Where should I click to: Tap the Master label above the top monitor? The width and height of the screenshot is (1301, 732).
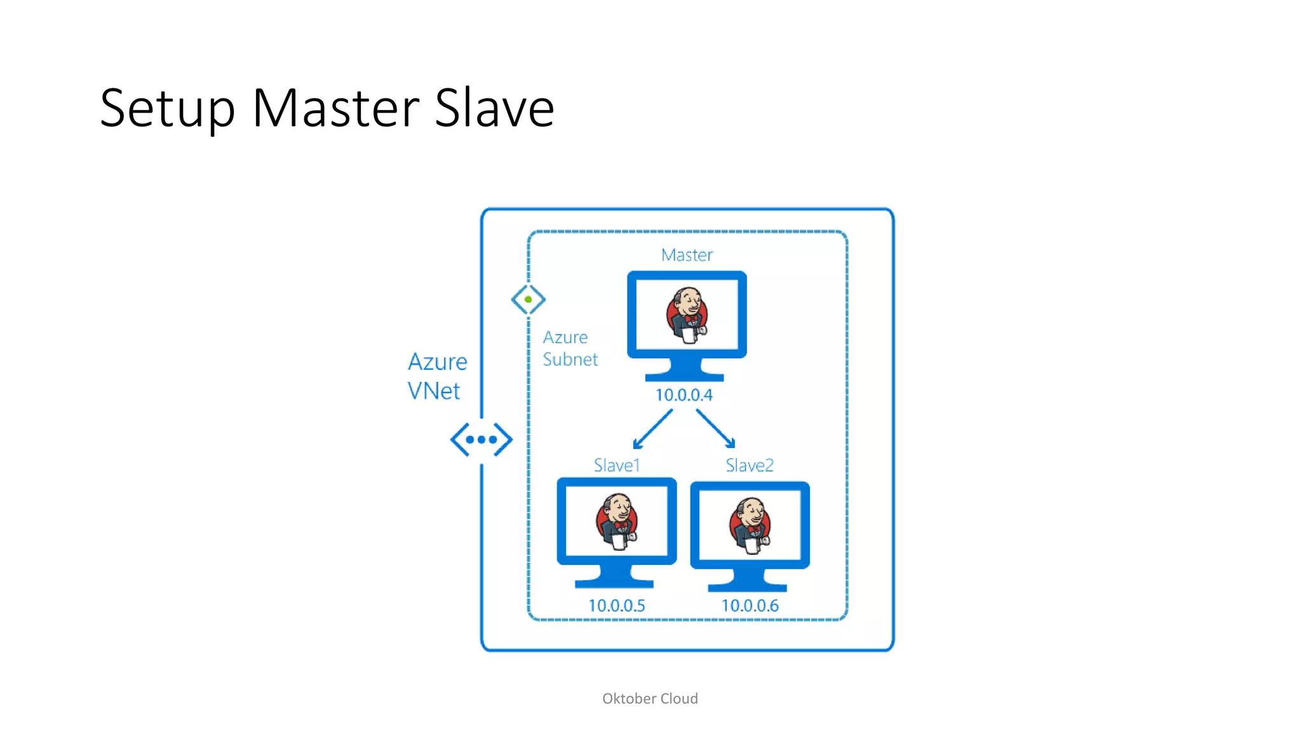[x=687, y=255]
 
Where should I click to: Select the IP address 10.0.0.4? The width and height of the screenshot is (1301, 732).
[x=684, y=395]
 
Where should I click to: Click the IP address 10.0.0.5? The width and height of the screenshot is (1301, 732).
[x=616, y=606]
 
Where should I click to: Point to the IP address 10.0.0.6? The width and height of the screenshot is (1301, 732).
[x=750, y=606]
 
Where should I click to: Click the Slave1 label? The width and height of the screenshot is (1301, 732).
[x=616, y=466]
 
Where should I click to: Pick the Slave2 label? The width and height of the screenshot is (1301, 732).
[x=750, y=466]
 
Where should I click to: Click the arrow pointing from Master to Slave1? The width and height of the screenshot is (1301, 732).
[x=652, y=430]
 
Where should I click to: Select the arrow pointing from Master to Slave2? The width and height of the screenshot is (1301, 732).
[x=716, y=429]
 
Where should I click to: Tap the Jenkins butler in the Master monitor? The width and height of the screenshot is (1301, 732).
[x=687, y=315]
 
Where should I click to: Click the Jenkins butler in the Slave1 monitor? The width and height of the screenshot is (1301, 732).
[x=616, y=521]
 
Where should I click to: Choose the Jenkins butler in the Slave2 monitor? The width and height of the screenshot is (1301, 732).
[x=750, y=525]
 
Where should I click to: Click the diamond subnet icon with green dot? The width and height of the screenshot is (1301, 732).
[x=528, y=299]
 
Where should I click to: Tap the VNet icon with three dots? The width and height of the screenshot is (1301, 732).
[x=481, y=439]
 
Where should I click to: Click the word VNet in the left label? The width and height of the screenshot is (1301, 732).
[x=433, y=391]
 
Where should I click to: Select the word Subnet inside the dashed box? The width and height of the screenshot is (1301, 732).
[x=570, y=360]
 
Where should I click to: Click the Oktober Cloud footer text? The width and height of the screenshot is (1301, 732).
[x=650, y=699]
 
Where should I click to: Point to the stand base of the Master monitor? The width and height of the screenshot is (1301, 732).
[x=684, y=377]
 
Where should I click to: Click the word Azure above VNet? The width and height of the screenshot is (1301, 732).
[x=437, y=362]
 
